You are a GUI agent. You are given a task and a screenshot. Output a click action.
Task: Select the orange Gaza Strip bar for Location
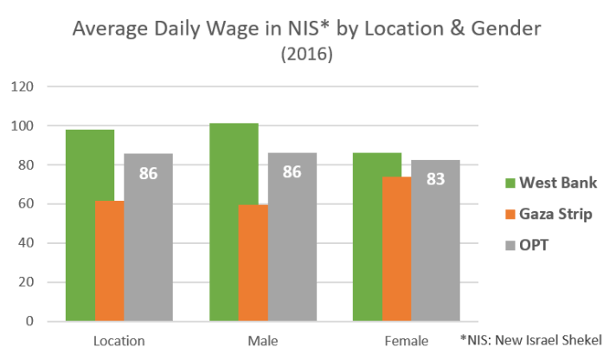coord(110,260)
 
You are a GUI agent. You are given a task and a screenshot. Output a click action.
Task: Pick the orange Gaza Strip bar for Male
coord(253,263)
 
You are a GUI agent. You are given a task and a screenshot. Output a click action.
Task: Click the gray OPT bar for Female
coord(436,251)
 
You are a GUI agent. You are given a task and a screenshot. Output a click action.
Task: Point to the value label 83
coord(436,179)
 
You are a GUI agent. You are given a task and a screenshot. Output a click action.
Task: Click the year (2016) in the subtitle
coord(307,55)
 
